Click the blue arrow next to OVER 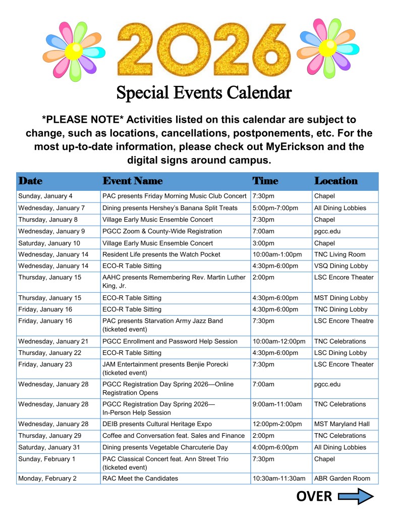pyautogui.click(x=355, y=497)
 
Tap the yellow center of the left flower pyautogui.click(x=74, y=50)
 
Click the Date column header pyautogui.click(x=30, y=181)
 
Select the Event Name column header pyautogui.click(x=132, y=181)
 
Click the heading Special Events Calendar pyautogui.click(x=204, y=92)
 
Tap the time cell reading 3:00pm pyautogui.click(x=263, y=243)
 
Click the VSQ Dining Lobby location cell pyautogui.click(x=341, y=266)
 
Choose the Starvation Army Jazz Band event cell pyautogui.click(x=162, y=325)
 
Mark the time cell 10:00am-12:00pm pyautogui.click(x=278, y=341)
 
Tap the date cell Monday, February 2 pyautogui.click(x=47, y=478)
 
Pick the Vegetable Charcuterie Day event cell pyautogui.click(x=165, y=447)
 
